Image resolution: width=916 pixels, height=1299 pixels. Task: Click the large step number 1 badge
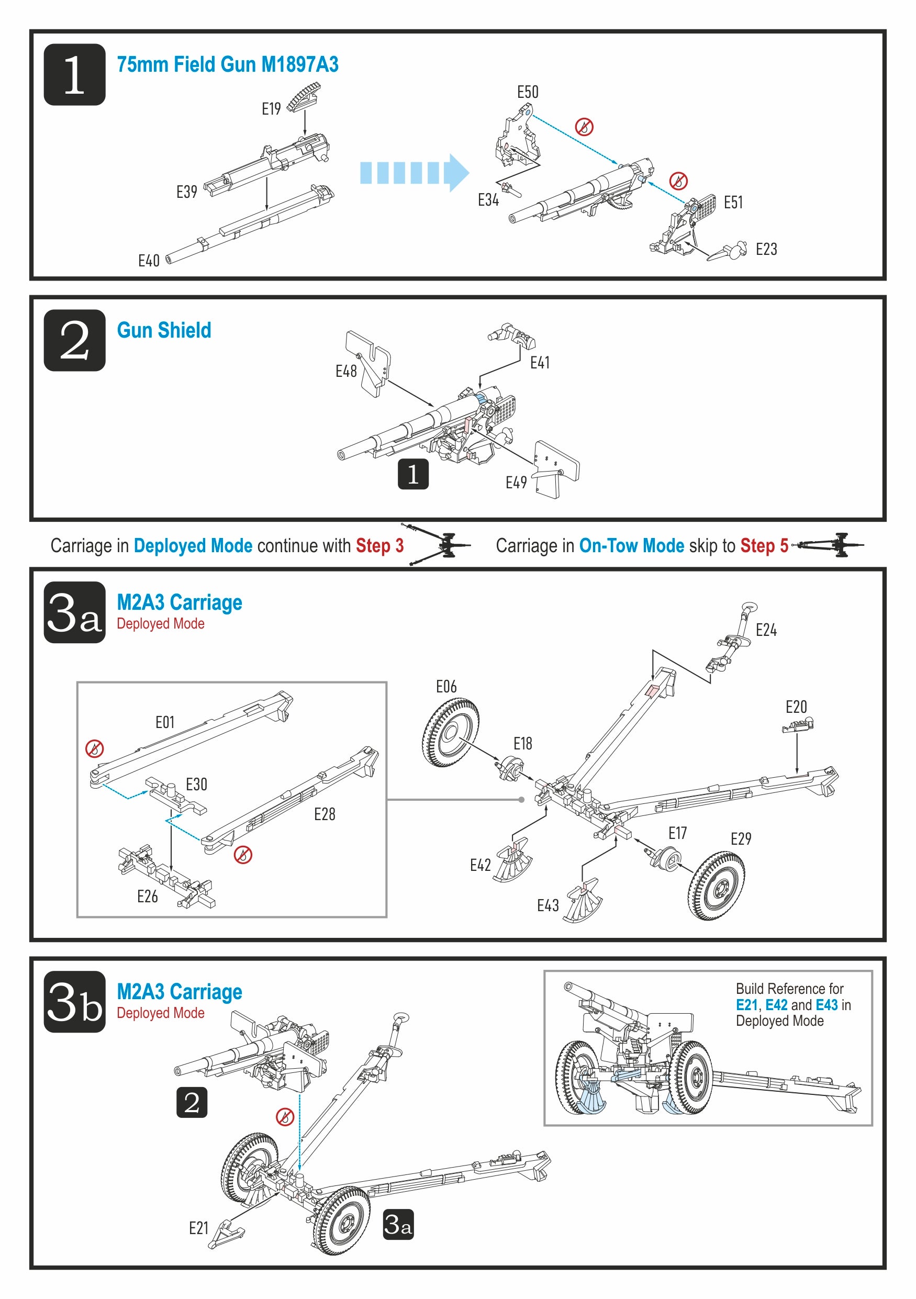[74, 74]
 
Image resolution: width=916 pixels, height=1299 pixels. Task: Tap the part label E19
[271, 109]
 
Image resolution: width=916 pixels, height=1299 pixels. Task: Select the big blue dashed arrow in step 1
[414, 172]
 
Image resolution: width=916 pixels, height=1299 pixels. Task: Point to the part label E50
[527, 92]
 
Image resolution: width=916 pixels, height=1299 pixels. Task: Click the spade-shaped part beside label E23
[727, 252]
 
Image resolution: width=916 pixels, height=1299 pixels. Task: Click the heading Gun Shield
[163, 330]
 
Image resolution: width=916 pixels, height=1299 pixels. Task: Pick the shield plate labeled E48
[368, 363]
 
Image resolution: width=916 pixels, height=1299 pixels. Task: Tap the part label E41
[539, 363]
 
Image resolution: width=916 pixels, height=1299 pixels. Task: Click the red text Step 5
[764, 545]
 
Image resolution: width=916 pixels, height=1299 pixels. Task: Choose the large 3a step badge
[74, 612]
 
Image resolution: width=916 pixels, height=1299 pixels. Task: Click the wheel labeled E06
[450, 733]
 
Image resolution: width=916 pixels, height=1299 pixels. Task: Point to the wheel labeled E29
[716, 886]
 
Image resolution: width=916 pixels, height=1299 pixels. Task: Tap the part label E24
[766, 630]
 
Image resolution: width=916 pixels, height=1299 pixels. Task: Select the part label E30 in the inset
[196, 784]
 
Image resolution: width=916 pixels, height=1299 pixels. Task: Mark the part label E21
[198, 1228]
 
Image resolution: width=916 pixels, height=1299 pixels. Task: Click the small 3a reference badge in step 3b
[398, 1225]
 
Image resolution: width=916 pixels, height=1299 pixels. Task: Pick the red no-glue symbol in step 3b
[285, 1117]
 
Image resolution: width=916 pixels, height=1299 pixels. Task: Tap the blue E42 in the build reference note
[776, 1005]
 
